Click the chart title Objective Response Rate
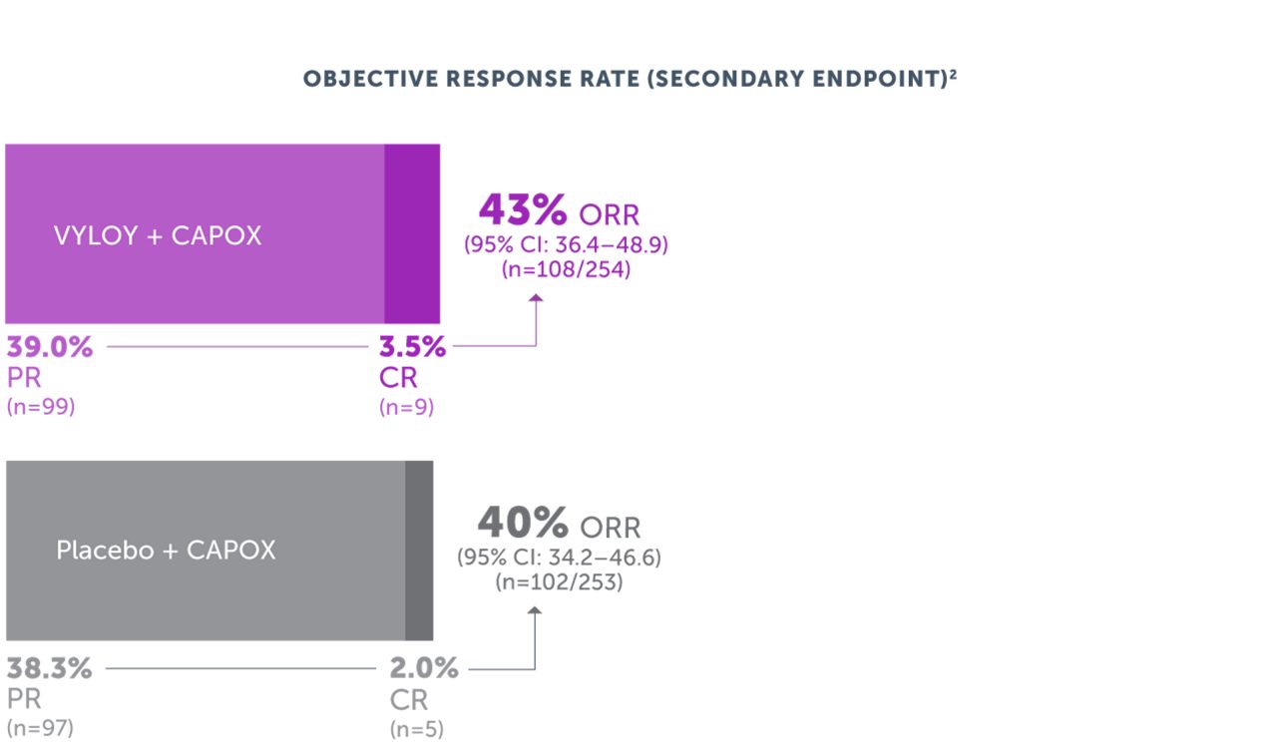630,79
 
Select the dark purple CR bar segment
412,233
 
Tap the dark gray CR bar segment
419,551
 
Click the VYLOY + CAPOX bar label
158,236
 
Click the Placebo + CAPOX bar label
166,551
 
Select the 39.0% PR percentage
50,347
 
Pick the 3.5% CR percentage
412,347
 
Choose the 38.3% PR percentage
50,668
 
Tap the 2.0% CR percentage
424,668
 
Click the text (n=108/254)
566,269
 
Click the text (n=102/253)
559,582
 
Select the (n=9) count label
407,407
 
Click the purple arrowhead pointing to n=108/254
536,298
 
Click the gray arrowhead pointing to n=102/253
535,612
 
